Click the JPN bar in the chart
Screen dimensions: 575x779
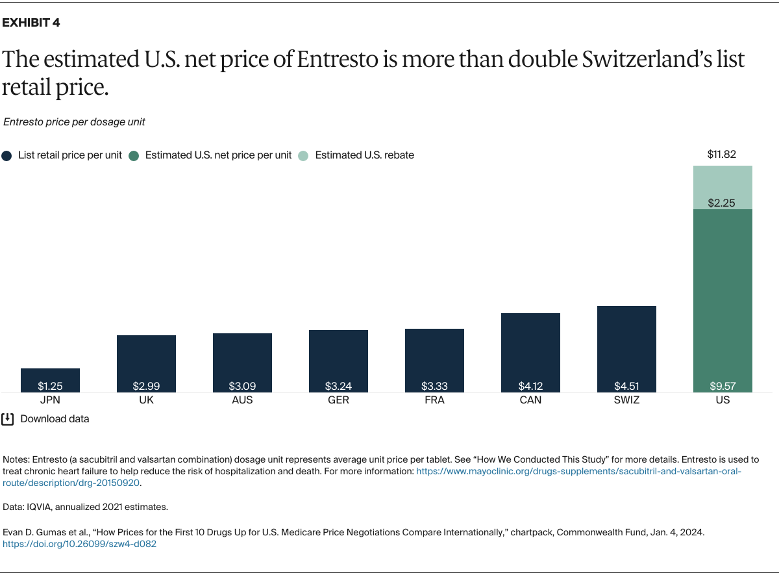pos(50,380)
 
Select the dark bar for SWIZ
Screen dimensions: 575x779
pos(626,348)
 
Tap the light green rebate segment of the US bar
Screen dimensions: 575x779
pos(723,187)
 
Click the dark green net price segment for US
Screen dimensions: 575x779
pos(723,299)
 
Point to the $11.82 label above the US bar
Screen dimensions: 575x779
pos(722,155)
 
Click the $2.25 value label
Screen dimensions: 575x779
pos(722,203)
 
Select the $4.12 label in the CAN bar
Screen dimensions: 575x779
pos(530,386)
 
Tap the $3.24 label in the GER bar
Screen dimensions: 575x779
pos(338,386)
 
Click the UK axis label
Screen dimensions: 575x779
pos(146,400)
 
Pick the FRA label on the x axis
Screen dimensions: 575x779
pos(434,400)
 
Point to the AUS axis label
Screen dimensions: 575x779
pos(242,400)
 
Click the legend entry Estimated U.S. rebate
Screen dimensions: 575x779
pos(364,155)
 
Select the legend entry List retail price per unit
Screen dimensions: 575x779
pos(69,155)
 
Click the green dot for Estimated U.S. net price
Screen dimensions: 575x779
pos(134,156)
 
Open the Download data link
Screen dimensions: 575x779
pos(55,419)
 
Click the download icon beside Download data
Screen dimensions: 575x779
pos(8,419)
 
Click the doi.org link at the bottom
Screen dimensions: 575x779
pos(79,544)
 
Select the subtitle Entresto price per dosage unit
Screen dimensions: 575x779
pos(74,121)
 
